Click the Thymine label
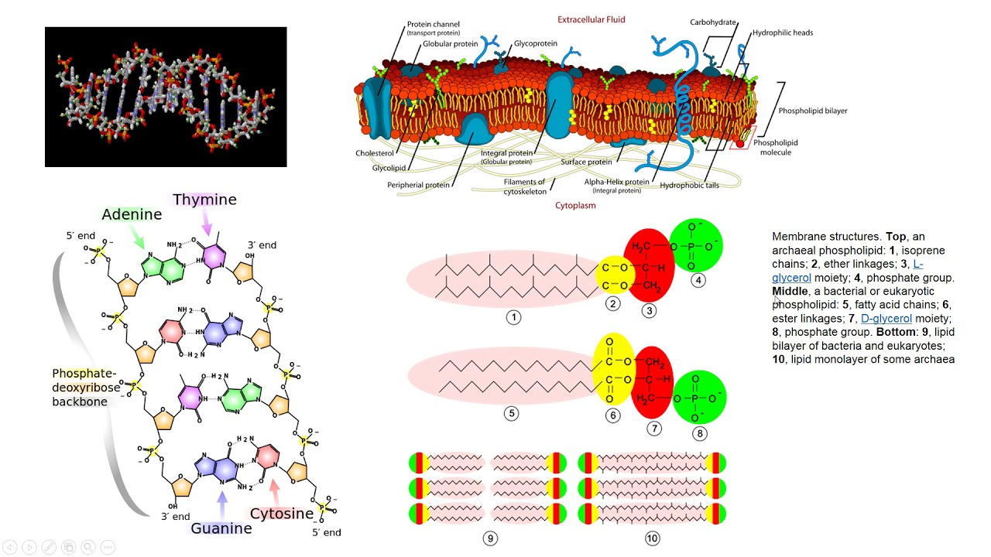pyautogui.click(x=204, y=200)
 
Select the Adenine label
pyautogui.click(x=132, y=214)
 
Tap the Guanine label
pyautogui.click(x=221, y=528)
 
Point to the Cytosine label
pyautogui.click(x=281, y=514)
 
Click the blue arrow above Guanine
pyautogui.click(x=222, y=504)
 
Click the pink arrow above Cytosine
pyautogui.click(x=275, y=492)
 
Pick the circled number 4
pyautogui.click(x=698, y=280)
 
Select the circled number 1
pyautogui.click(x=513, y=317)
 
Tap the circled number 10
pyautogui.click(x=652, y=538)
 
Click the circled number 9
pyautogui.click(x=490, y=538)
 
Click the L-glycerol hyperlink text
pyautogui.click(x=848, y=271)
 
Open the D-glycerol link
pyautogui.click(x=886, y=318)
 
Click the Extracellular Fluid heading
pyautogui.click(x=591, y=19)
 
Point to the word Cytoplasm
pyautogui.click(x=575, y=206)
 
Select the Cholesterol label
pyautogui.click(x=374, y=153)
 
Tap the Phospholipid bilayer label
pyautogui.click(x=813, y=111)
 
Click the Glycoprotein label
pyautogui.click(x=535, y=43)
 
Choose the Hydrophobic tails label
pyautogui.click(x=689, y=185)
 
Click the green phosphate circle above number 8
pyautogui.click(x=699, y=398)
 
